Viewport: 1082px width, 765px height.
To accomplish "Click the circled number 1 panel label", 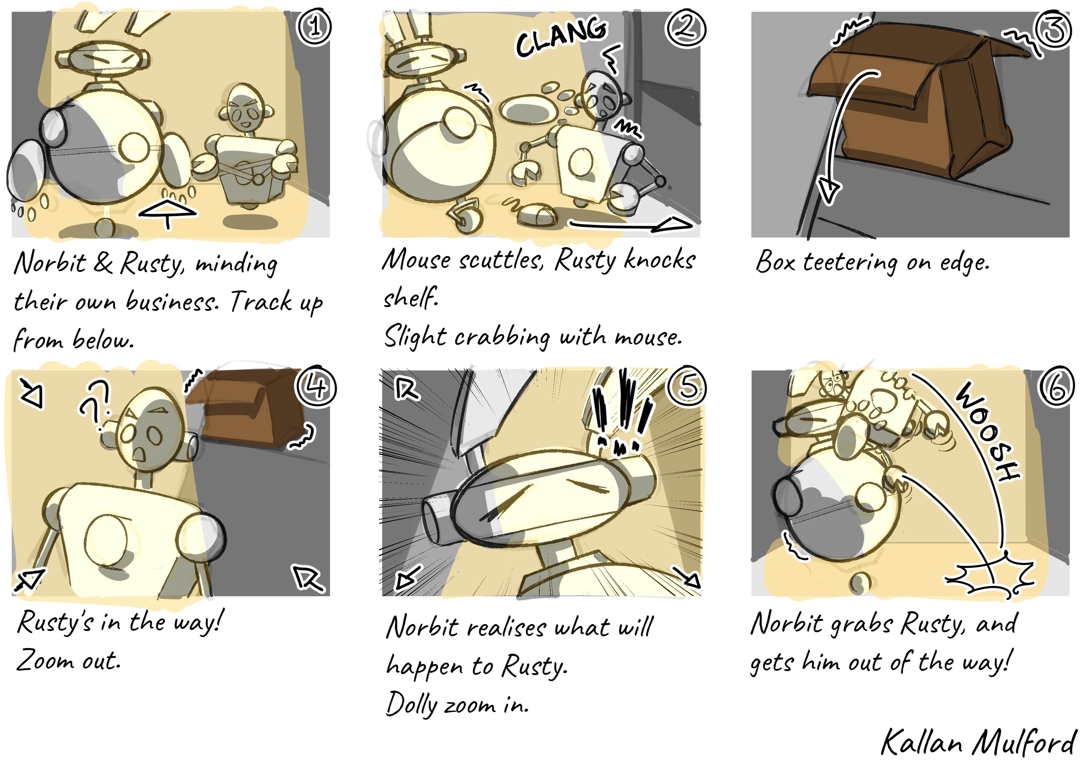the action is (x=314, y=27).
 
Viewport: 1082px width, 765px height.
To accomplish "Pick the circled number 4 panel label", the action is (x=316, y=387).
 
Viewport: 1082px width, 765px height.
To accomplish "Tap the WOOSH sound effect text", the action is (x=988, y=431).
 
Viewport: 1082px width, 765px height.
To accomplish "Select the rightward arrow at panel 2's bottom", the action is (x=631, y=224).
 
